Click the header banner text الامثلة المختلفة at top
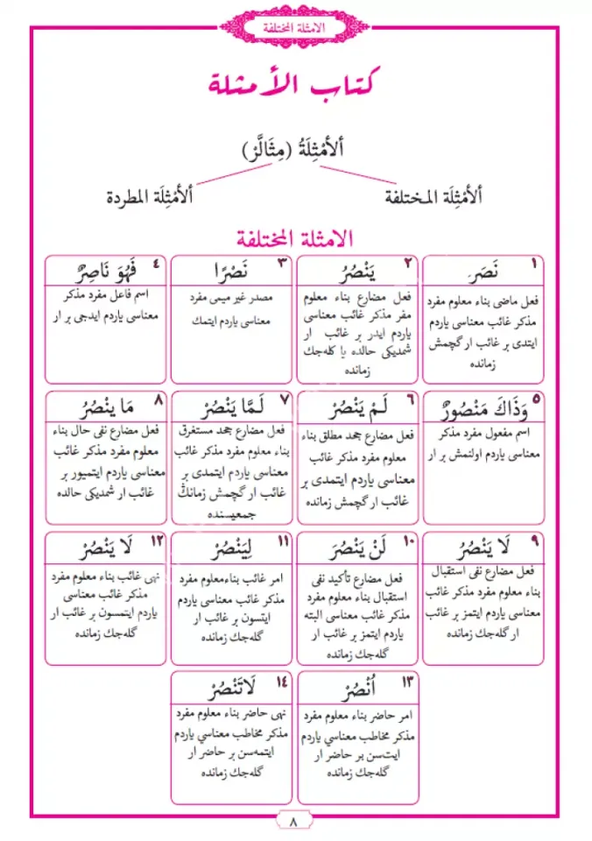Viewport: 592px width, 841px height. pyautogui.click(x=295, y=29)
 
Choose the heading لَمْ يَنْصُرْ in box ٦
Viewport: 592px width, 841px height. pyautogui.click(x=349, y=407)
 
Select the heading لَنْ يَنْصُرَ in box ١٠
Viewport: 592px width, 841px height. pyautogui.click(x=349, y=548)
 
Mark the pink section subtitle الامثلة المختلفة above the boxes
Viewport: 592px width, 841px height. pyautogui.click(x=295, y=237)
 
